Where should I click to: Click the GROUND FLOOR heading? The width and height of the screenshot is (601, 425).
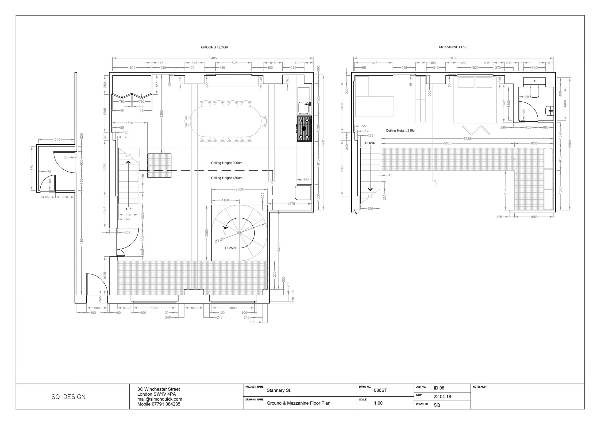214,47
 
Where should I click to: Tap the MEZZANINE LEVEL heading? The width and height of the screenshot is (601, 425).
454,47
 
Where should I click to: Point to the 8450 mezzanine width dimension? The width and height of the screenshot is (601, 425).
453,58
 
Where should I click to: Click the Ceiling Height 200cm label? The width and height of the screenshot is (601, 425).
227,163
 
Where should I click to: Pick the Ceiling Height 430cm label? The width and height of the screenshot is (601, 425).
227,178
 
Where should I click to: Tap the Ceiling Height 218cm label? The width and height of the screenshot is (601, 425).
401,131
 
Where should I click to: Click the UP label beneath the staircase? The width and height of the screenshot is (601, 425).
128,209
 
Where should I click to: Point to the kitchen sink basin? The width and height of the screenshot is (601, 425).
303,108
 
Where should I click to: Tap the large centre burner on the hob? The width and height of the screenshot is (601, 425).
304,128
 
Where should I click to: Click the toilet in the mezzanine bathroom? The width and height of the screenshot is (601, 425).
534,91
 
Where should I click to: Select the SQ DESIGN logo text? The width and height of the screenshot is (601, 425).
68,397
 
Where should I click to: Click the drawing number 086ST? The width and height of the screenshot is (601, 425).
380,390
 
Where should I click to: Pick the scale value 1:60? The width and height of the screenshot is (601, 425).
378,403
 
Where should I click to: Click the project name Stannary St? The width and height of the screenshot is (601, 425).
279,390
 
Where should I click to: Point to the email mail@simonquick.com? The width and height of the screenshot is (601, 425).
160,399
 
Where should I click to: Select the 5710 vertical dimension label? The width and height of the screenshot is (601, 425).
323,143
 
